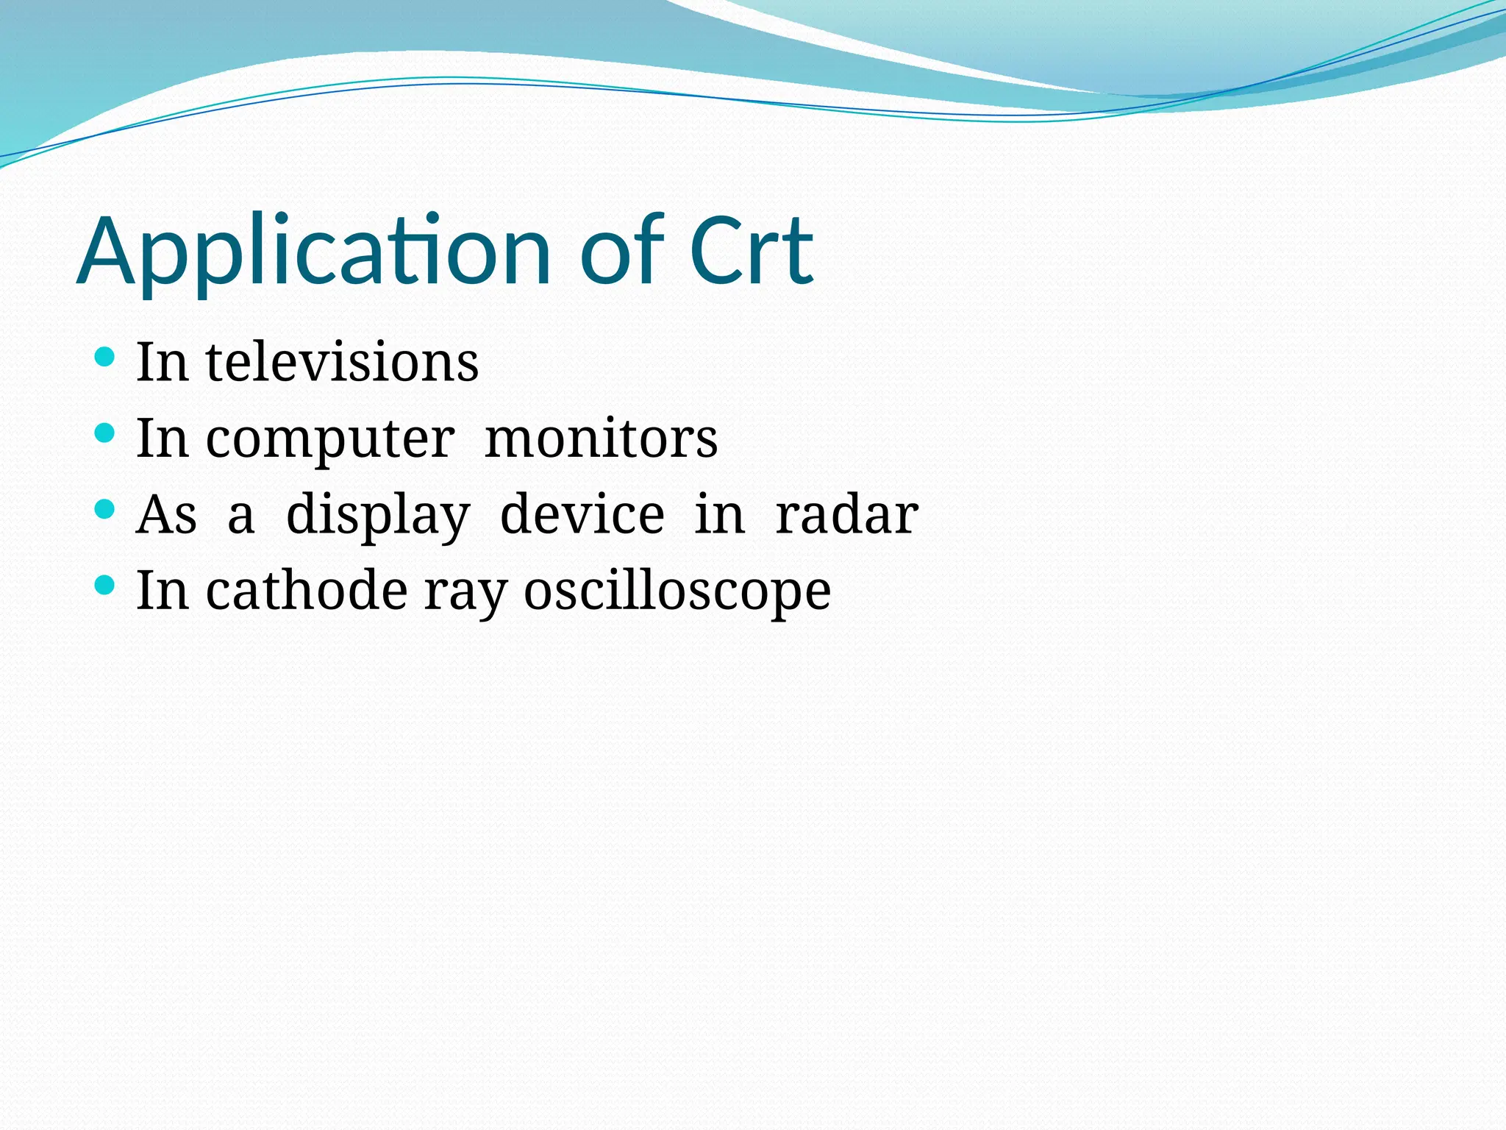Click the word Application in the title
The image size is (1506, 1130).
(x=313, y=252)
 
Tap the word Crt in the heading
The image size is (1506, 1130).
(x=751, y=252)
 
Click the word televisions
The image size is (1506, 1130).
(x=342, y=362)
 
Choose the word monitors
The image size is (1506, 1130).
(x=601, y=439)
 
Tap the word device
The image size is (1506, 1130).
(x=582, y=514)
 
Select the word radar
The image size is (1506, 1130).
(x=846, y=514)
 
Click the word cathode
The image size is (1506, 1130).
(x=306, y=591)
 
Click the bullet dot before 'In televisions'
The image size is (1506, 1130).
(x=105, y=358)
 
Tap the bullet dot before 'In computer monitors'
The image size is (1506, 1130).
(x=105, y=433)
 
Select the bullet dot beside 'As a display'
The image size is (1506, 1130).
(x=105, y=509)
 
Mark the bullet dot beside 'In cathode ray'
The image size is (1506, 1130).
(x=105, y=586)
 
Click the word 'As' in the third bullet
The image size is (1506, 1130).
(x=167, y=515)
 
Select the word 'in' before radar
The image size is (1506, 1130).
(x=719, y=514)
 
